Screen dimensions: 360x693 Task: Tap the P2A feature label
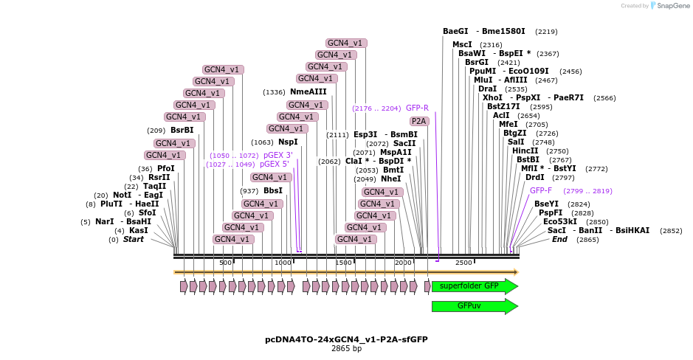point(419,121)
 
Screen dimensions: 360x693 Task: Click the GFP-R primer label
point(417,108)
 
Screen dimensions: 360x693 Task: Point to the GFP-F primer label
point(540,190)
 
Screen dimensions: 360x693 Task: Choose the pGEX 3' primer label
point(277,155)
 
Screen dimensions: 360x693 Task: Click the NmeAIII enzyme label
point(308,91)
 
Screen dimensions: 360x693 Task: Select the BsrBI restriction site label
point(182,130)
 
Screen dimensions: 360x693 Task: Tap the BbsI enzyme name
point(272,190)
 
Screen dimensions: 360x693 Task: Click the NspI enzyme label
point(288,142)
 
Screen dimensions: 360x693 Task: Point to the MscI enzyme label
point(462,44)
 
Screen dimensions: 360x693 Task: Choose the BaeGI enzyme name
point(455,31)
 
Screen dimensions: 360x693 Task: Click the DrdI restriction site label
point(534,177)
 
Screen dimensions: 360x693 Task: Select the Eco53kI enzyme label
point(561,221)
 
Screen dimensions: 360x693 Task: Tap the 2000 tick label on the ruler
point(403,263)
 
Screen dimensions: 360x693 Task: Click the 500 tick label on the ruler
point(226,263)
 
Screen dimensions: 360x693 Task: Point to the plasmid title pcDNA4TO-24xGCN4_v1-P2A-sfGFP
point(346,339)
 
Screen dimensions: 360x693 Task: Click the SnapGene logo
point(669,6)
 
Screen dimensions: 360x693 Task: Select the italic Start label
point(134,239)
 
